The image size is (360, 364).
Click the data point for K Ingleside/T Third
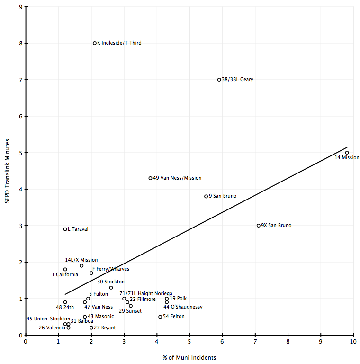tap(95, 43)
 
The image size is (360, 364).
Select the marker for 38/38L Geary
tap(219, 80)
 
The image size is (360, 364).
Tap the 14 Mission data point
tap(347, 153)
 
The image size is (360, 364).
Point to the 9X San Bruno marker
tap(258, 226)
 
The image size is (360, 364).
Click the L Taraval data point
tap(65, 229)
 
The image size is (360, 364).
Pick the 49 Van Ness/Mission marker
tap(150, 178)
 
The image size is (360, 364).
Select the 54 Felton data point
tap(160, 317)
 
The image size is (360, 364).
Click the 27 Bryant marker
tap(91, 328)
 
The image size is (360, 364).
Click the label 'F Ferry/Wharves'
tap(110, 269)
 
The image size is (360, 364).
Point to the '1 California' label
tap(65, 275)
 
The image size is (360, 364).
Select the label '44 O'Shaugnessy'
tap(183, 307)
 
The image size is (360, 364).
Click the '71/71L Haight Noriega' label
tap(145, 294)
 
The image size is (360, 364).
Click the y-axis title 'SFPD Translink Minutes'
tap(7, 171)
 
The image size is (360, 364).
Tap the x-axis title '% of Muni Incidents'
tap(189, 357)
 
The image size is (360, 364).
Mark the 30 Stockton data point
tap(111, 288)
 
